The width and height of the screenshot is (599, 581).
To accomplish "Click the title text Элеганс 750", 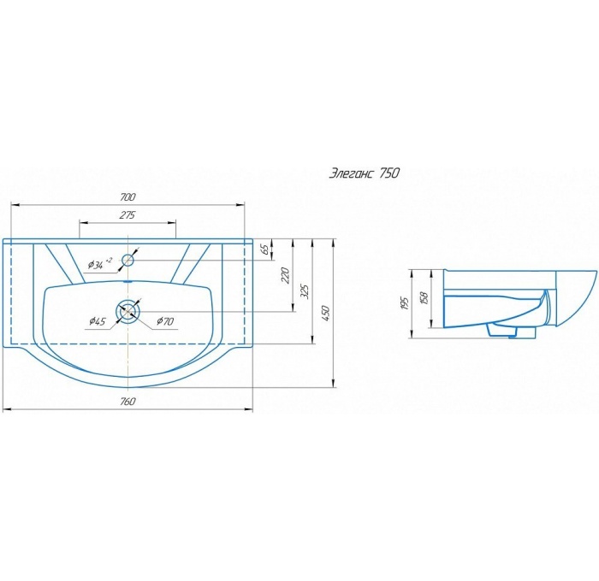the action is pyautogui.click(x=364, y=173).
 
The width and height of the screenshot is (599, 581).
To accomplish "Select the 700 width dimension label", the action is pyautogui.click(x=128, y=197).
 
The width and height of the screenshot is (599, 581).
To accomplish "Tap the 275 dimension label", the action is pyautogui.click(x=128, y=215).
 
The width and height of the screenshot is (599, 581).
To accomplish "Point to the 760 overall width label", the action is pyautogui.click(x=128, y=402).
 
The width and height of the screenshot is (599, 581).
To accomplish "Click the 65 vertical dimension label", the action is pyautogui.click(x=265, y=249).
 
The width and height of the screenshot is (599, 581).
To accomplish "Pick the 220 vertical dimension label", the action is pyautogui.click(x=286, y=275).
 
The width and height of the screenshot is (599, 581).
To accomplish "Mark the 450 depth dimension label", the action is pyautogui.click(x=325, y=313).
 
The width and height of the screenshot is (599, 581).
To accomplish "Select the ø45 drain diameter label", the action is pyautogui.click(x=97, y=321).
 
